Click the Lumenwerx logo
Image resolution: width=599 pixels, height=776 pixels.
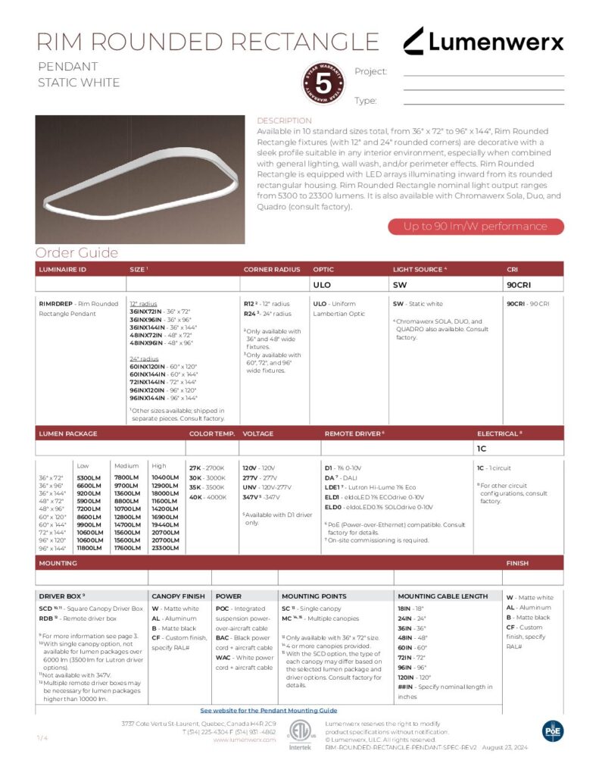(x=483, y=41)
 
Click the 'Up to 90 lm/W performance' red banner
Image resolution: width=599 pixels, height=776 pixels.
(x=475, y=227)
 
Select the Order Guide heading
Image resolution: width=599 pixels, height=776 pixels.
(x=76, y=252)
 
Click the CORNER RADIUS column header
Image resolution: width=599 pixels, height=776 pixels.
(x=272, y=269)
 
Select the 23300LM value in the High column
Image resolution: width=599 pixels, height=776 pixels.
(x=165, y=547)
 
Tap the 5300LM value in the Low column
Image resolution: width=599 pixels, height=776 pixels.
(x=90, y=478)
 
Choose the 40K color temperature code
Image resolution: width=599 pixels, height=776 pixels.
(x=195, y=497)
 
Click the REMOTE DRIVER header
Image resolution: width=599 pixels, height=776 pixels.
(x=354, y=434)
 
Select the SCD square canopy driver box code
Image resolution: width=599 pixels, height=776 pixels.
(x=46, y=609)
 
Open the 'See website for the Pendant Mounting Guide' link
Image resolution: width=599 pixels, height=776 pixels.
(x=269, y=711)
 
